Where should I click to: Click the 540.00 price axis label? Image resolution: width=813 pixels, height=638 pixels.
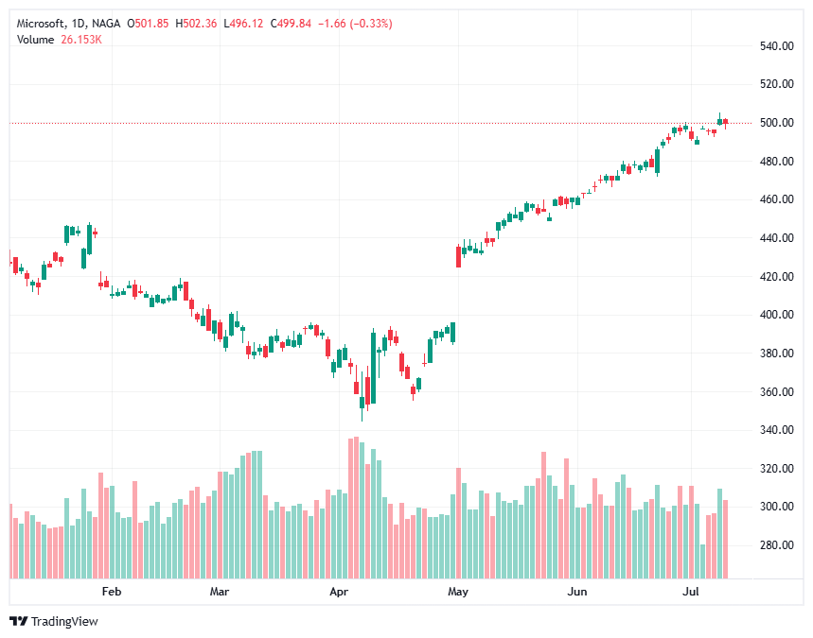click(x=776, y=45)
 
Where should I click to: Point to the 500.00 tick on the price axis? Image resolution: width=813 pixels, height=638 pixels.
click(x=776, y=123)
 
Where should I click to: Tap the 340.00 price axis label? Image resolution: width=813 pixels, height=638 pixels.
click(x=776, y=430)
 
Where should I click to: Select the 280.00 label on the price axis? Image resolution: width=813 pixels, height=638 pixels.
click(x=776, y=545)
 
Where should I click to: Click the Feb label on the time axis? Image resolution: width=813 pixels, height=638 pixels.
click(x=112, y=592)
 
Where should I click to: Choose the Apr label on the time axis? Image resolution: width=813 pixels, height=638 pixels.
click(x=338, y=592)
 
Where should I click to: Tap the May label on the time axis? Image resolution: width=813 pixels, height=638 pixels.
click(x=458, y=592)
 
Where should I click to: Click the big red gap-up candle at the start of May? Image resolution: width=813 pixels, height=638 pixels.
click(x=459, y=256)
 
